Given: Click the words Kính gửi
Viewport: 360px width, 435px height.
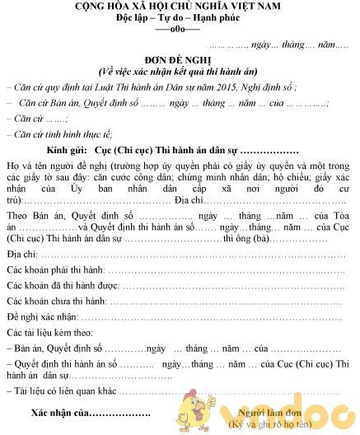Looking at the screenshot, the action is (x=67, y=152).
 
